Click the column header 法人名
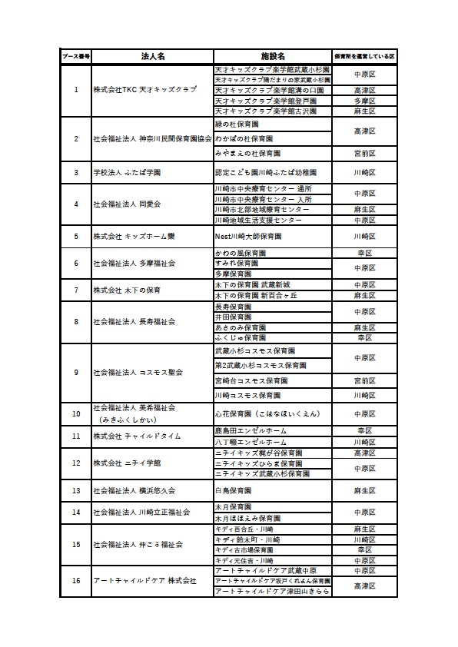[152, 57]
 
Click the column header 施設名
[273, 57]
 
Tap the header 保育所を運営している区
[364, 57]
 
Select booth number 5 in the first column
[76, 236]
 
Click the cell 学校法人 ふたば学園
[127, 172]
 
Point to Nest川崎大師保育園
[251, 236]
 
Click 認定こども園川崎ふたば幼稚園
[261, 172]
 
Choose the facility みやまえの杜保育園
[247, 153]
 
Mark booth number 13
[76, 489]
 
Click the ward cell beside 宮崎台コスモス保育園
[364, 380]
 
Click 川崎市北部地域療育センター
[262, 209]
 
